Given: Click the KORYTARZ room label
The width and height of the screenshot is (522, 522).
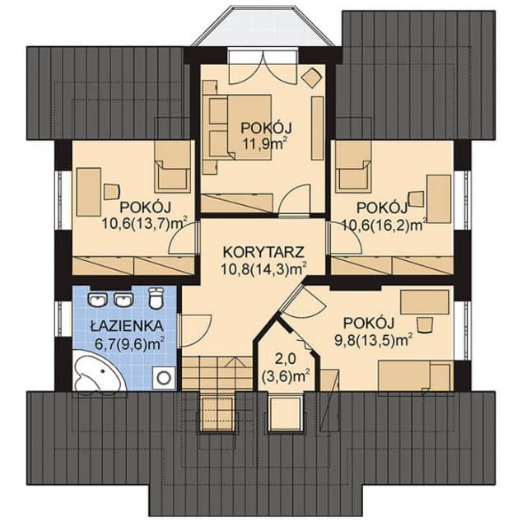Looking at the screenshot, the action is [263, 252].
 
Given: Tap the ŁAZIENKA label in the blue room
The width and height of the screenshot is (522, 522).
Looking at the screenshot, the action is [127, 326].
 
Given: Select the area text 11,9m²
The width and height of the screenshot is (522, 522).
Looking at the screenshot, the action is [264, 145].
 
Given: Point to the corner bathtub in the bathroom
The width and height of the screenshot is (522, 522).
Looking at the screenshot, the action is [99, 370].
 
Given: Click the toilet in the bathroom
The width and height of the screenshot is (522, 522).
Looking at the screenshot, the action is [156, 297].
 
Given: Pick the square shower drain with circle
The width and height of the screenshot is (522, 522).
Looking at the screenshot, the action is [164, 378].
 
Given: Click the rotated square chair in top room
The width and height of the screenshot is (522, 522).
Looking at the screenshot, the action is [311, 78].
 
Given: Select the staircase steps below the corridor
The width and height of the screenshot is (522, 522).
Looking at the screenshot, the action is [217, 373].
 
